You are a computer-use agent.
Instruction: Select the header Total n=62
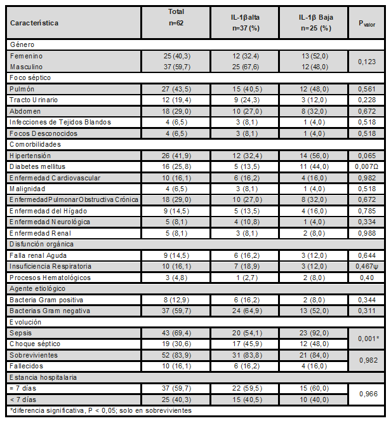(176, 17)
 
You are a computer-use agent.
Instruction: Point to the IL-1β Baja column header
(315, 23)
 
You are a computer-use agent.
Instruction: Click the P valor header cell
(367, 23)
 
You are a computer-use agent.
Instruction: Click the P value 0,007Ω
(368, 165)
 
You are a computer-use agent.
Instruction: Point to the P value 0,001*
(368, 337)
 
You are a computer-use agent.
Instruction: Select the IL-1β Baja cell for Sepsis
(315, 332)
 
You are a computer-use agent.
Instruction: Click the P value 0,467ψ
(368, 265)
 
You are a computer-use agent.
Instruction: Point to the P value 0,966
(368, 393)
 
